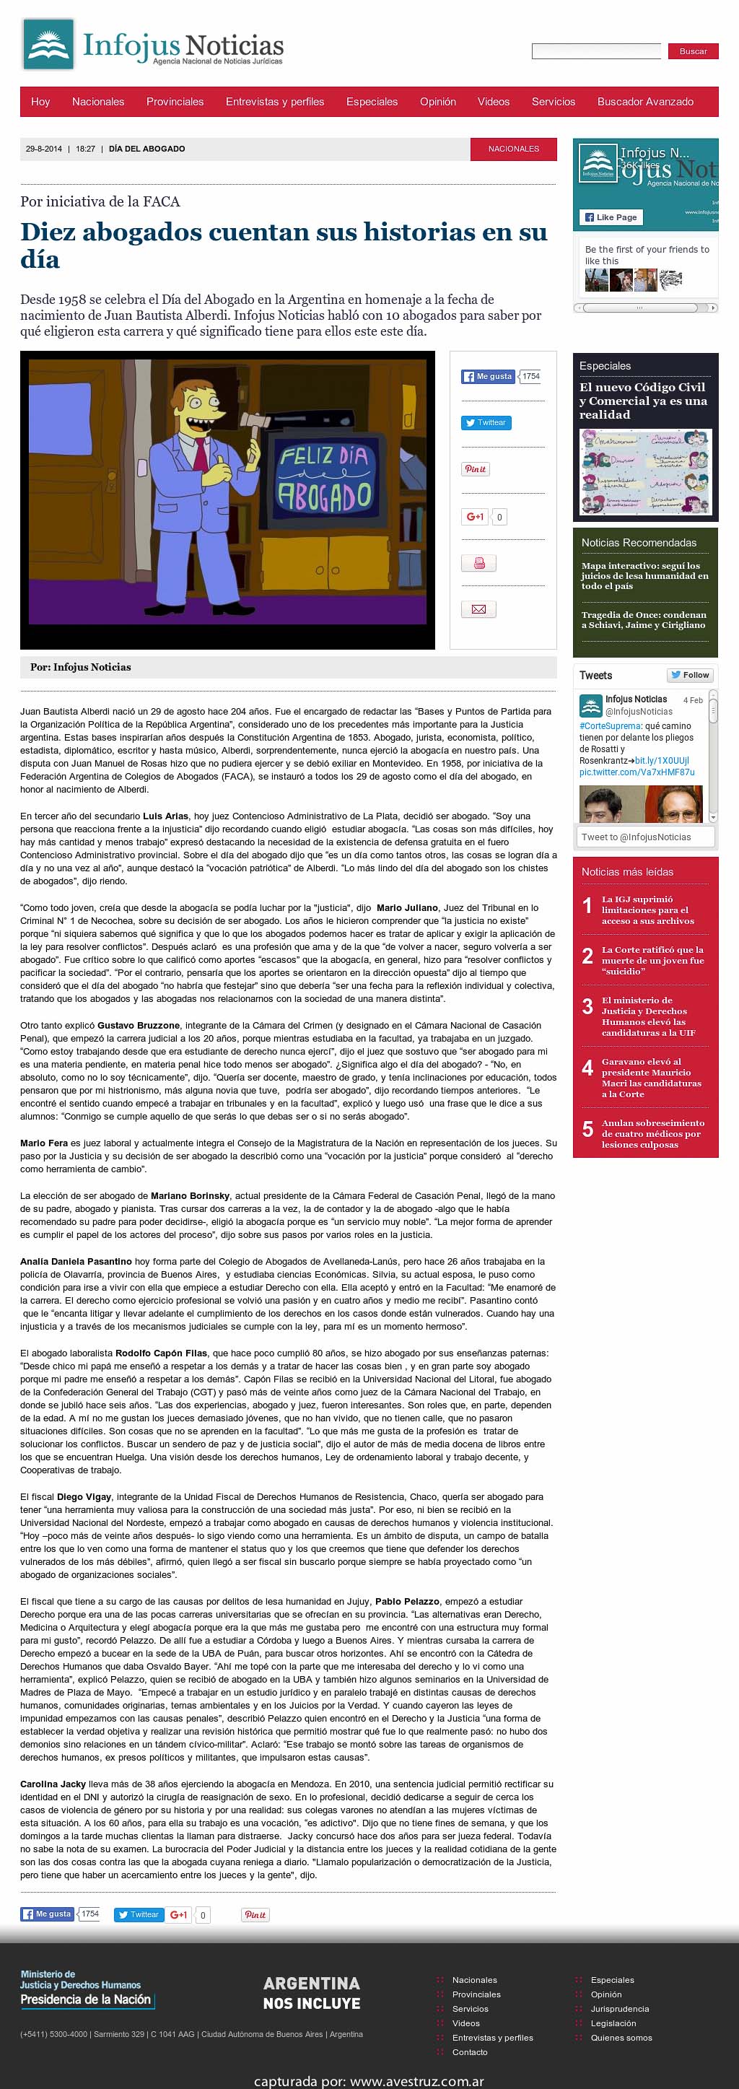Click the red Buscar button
click(x=693, y=51)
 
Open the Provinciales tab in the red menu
click(x=175, y=101)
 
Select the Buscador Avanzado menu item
click(x=645, y=101)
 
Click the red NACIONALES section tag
click(x=514, y=149)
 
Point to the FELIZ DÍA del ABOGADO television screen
click(x=325, y=479)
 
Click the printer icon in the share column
click(x=478, y=563)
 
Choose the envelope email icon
click(x=478, y=609)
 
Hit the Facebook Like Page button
click(x=609, y=217)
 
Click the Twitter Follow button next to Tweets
click(x=689, y=675)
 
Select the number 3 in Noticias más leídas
click(x=587, y=1007)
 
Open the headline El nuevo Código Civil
click(x=642, y=401)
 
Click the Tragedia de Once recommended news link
click(x=642, y=619)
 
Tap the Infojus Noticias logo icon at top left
click(x=48, y=44)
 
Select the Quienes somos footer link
click(x=621, y=2038)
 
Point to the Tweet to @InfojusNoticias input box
click(x=646, y=837)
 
